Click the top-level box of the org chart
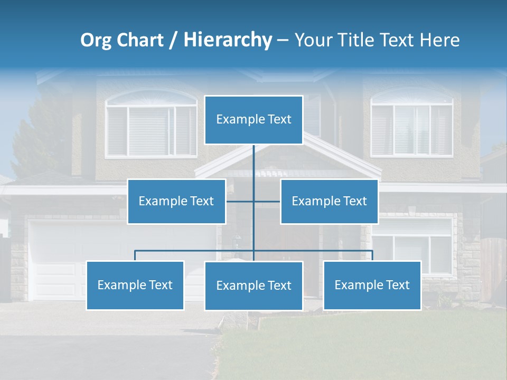(x=253, y=120)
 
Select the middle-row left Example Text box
(x=176, y=201)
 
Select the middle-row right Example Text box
(x=329, y=201)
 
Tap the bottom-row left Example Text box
(x=135, y=285)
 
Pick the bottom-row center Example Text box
(x=253, y=286)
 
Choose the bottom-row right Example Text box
(x=372, y=285)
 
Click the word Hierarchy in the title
(x=228, y=40)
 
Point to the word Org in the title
(x=96, y=40)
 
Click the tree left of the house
(x=40, y=137)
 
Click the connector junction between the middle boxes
(x=253, y=201)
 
